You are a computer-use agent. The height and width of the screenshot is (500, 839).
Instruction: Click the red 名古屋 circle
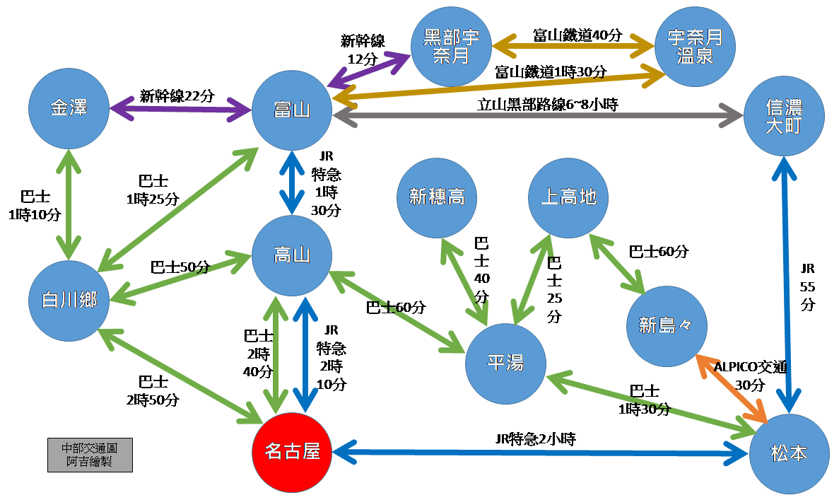[x=292, y=452]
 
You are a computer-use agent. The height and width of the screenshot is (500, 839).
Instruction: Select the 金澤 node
[x=68, y=109]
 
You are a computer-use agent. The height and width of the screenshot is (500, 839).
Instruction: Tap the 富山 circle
[x=292, y=109]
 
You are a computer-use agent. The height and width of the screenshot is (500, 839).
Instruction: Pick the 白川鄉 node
[x=68, y=300]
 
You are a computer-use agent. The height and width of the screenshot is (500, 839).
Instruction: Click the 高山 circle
[x=292, y=255]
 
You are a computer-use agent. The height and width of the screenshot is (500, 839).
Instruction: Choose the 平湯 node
[x=505, y=364]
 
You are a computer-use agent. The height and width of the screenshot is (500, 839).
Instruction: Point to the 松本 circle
[x=789, y=453]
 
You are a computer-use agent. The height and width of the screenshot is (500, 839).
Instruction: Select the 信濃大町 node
[x=784, y=117]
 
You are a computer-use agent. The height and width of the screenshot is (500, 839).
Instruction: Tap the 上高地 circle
[x=568, y=197]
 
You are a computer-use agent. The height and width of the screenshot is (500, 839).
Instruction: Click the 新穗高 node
[x=437, y=197]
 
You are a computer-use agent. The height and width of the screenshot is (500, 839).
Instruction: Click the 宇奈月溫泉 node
[x=694, y=47]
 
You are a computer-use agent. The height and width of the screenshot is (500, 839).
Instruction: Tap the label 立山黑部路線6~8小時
[x=548, y=105]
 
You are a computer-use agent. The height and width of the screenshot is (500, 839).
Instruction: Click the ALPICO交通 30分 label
[x=749, y=376]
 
